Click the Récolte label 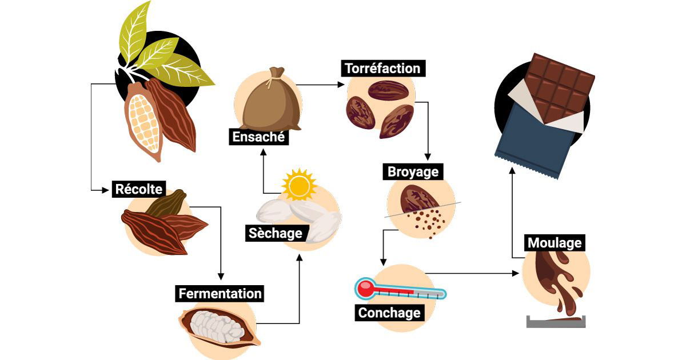coord(139,189)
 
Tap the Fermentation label coord(220,294)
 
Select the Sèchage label coord(275,233)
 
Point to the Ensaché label coord(258,137)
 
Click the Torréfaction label coord(382,69)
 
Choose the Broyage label coord(413,171)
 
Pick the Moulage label coord(554,243)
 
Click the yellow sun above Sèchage coord(299,185)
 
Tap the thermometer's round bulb coord(364,288)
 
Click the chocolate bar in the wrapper coord(559,86)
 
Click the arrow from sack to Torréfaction coord(320,85)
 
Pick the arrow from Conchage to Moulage coord(474,274)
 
